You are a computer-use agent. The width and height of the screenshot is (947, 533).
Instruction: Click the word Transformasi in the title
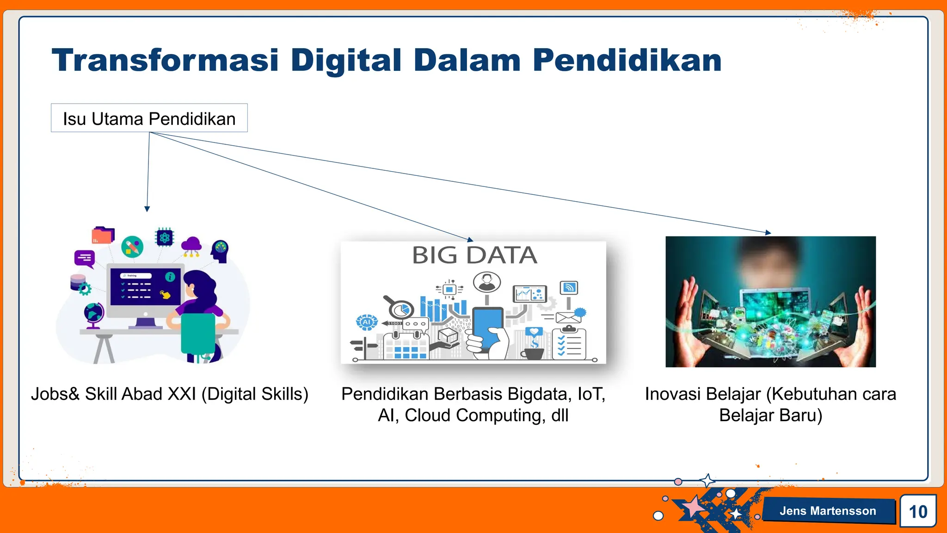(165, 61)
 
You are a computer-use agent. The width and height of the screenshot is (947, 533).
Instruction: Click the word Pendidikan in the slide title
(627, 61)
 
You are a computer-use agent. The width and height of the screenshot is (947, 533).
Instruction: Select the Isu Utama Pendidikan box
(149, 118)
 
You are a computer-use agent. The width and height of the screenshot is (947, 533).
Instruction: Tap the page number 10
(917, 511)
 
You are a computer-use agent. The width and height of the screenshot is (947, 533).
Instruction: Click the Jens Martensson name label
(827, 511)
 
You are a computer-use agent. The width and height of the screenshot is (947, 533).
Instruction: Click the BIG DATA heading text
(474, 255)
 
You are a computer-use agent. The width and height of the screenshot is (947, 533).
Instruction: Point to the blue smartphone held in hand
(487, 327)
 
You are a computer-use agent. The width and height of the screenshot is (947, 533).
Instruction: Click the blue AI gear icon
(367, 322)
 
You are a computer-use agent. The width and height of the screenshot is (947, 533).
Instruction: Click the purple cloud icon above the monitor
(191, 245)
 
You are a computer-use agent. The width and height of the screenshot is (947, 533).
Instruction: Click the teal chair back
(198, 333)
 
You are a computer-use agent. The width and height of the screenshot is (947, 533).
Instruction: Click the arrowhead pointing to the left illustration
(147, 209)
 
